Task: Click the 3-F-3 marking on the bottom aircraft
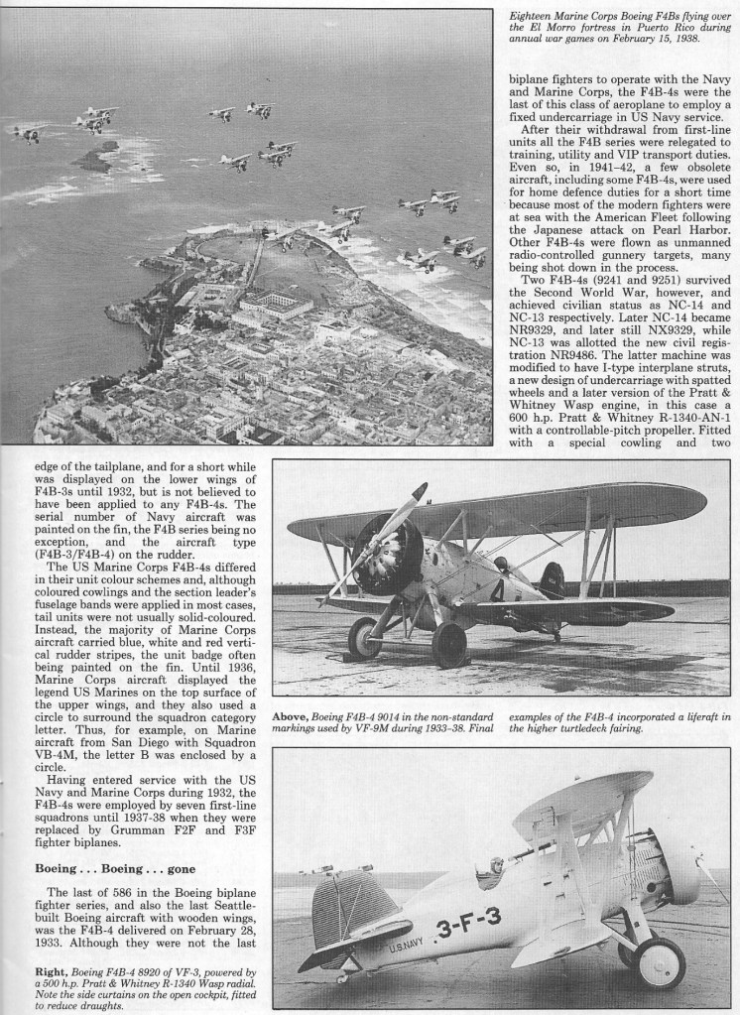[x=467, y=926]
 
